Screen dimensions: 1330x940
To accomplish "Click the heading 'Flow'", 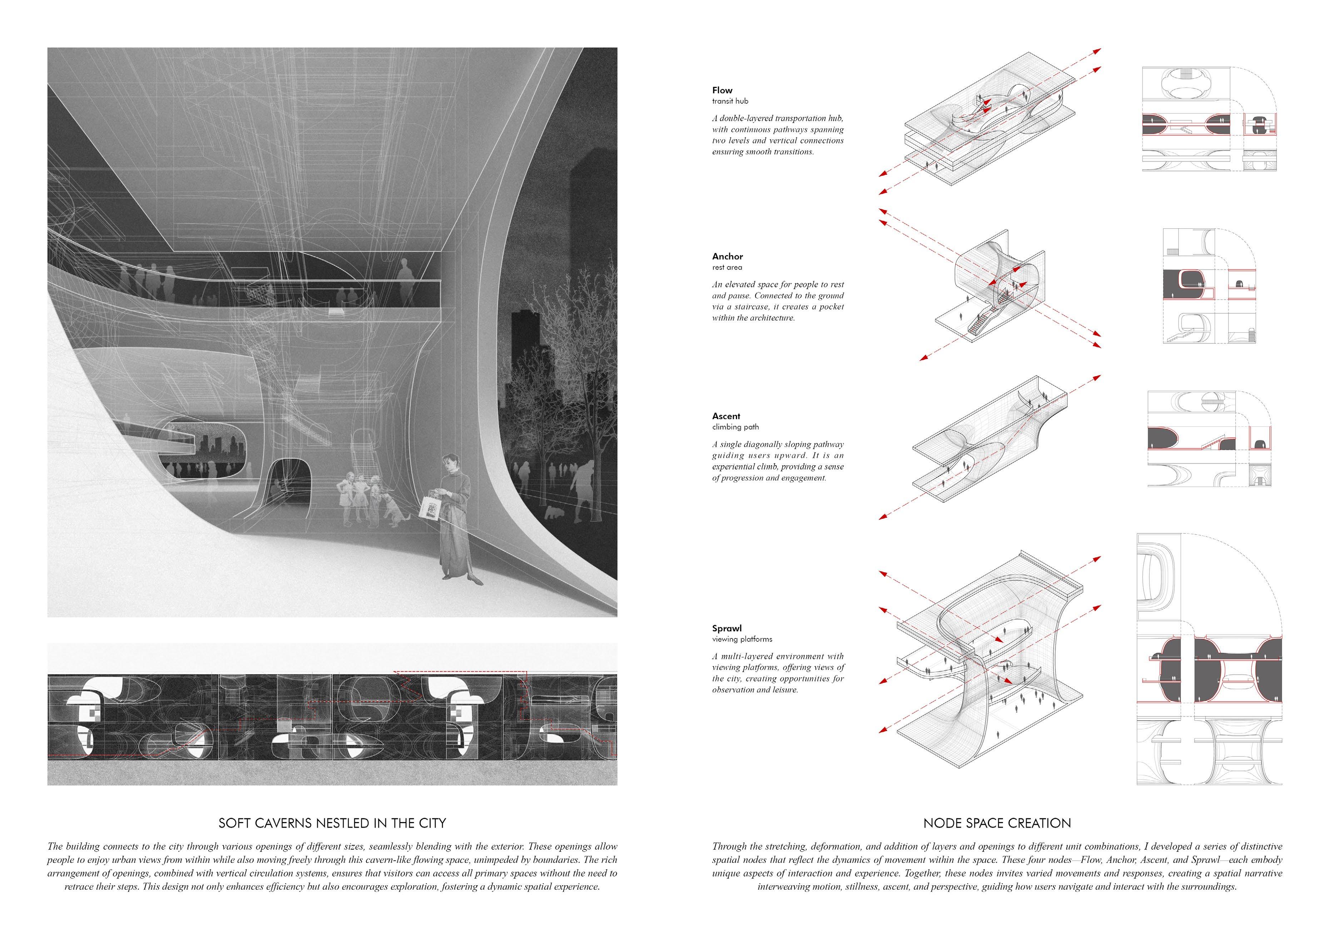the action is coord(722,90).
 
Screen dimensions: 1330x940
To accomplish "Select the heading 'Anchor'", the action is coord(728,257).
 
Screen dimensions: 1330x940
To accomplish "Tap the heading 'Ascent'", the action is coord(726,417).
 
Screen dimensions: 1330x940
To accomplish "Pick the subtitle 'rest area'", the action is coord(727,268).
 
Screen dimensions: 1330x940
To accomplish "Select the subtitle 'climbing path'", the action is coord(735,427).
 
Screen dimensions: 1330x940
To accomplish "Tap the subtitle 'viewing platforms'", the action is coord(742,640).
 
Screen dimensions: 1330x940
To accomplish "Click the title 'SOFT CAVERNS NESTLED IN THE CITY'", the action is coord(332,823).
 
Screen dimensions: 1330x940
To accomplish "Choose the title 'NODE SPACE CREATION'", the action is coord(997,823).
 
